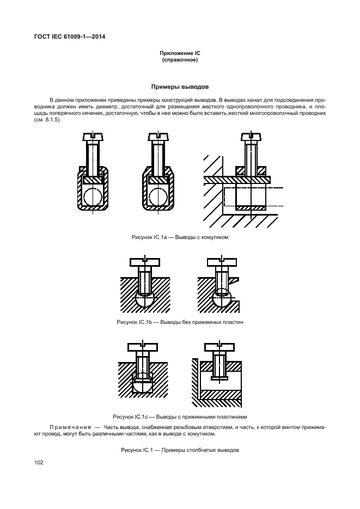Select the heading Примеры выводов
point(179,87)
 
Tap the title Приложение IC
point(179,53)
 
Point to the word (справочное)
point(179,60)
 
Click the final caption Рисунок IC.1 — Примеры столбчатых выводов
point(180,451)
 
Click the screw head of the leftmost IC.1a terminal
point(93,136)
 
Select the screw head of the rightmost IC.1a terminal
point(252,136)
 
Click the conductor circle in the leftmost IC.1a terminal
point(93,197)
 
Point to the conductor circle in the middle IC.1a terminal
point(159,197)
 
